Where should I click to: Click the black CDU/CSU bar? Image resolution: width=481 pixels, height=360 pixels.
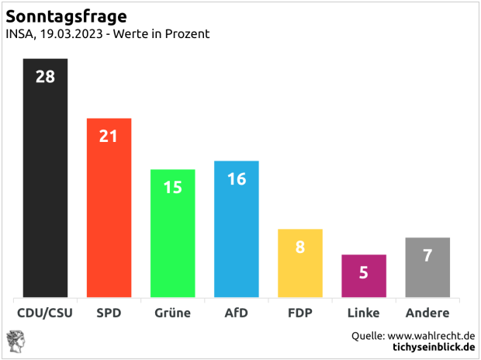coord(45,186)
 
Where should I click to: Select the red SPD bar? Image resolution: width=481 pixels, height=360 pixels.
coord(109,217)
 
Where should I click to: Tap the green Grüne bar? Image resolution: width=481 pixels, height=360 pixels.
coord(172,241)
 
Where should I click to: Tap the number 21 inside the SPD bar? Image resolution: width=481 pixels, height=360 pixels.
coord(109,136)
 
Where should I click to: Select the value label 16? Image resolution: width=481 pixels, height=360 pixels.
coord(237,178)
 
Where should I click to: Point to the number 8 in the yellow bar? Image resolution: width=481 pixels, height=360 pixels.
coord(300,247)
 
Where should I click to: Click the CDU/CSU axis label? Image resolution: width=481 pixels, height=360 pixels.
coord(45,313)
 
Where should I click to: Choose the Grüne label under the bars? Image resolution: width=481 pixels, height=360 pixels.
coord(172,313)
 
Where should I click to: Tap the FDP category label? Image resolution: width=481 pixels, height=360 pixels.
coord(300,313)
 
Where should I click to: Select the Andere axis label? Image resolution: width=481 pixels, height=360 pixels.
coord(427,313)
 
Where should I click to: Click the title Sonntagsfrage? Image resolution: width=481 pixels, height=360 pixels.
coord(67,16)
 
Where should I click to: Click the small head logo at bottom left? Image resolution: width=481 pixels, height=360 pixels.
coord(16,341)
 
